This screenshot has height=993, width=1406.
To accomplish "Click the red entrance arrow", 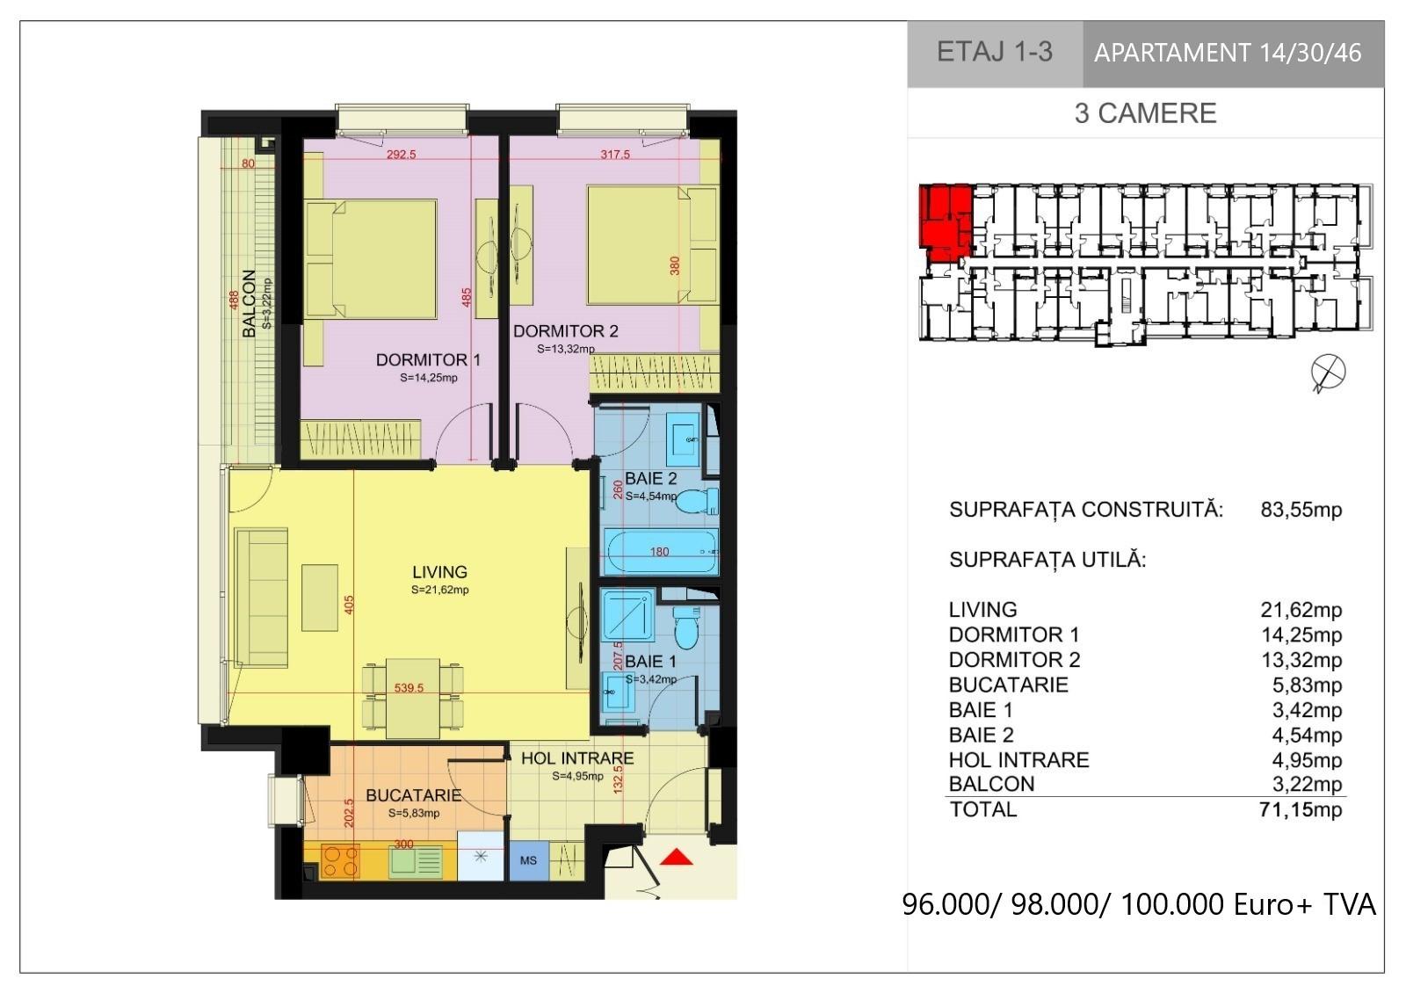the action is pos(676,857).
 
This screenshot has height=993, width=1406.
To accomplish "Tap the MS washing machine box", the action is pos(528,860).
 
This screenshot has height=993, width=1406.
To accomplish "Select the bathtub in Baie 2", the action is pos(661,552).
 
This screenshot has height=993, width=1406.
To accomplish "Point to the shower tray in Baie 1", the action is pos(628,614).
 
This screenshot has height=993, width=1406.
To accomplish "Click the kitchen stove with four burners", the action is pos(340,860).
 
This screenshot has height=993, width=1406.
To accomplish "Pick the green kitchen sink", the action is pos(416,861).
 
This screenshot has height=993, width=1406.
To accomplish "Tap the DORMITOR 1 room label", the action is pos(428,359).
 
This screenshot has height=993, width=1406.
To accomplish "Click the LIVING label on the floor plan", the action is pos(440,572).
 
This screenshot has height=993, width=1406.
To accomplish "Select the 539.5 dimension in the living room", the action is pos(409,688).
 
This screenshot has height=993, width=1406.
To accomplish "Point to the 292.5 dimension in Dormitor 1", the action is pos(401,155).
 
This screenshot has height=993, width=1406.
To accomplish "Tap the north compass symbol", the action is pos(1328,373).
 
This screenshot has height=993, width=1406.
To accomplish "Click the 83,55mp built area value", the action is pos(1301,510).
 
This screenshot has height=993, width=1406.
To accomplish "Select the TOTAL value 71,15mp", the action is pos(1301,809).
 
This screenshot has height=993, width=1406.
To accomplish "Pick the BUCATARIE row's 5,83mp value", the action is pos(1307,685).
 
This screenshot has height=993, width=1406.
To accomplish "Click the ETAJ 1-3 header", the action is pos(995,52).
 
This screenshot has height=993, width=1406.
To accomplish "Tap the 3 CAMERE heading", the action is pos(1146,113).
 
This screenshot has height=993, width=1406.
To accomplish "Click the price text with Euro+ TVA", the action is pos(1139,904).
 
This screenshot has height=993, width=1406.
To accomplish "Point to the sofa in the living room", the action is pos(261,598).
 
